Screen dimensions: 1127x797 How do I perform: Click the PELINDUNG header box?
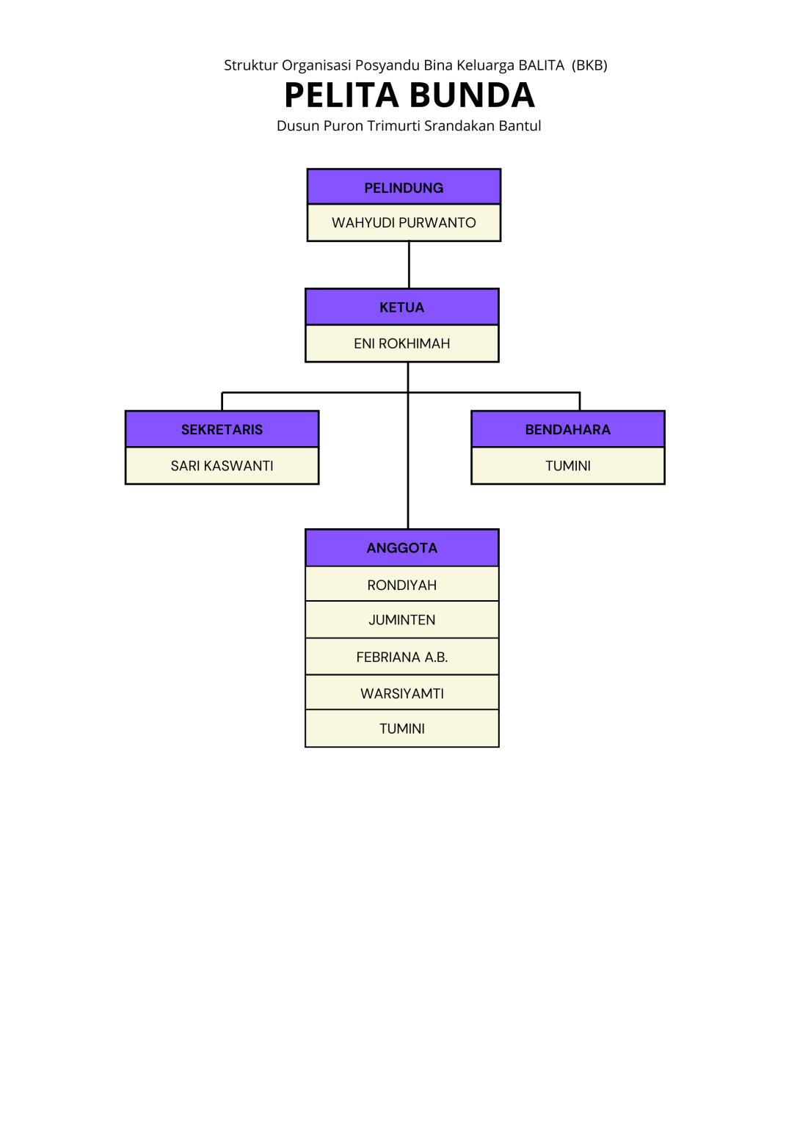click(404, 187)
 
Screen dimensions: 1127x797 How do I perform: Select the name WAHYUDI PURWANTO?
click(404, 222)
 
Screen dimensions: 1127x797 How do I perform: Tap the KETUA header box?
click(401, 307)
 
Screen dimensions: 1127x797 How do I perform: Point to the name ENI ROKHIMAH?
click(401, 343)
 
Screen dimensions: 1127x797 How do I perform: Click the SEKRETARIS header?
click(222, 429)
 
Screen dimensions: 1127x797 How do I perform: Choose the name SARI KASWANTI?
click(222, 466)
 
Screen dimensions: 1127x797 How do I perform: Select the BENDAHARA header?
click(567, 429)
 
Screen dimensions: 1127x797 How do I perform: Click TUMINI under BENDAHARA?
click(567, 466)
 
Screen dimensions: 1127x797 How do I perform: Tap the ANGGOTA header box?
click(401, 548)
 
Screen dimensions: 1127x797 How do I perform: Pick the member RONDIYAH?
click(401, 585)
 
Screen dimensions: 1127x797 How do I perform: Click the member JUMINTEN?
click(401, 620)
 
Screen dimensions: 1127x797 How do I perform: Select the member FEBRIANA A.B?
click(401, 657)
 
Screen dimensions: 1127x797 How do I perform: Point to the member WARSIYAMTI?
click(401, 693)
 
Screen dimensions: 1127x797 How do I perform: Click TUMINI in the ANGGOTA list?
click(401, 729)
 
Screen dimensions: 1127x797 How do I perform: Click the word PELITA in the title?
click(341, 95)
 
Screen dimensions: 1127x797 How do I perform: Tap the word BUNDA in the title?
click(472, 95)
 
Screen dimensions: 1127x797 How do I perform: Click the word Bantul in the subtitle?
click(520, 125)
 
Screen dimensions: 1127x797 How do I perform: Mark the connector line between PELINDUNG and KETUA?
click(409, 264)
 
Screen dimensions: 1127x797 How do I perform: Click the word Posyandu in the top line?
click(387, 65)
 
